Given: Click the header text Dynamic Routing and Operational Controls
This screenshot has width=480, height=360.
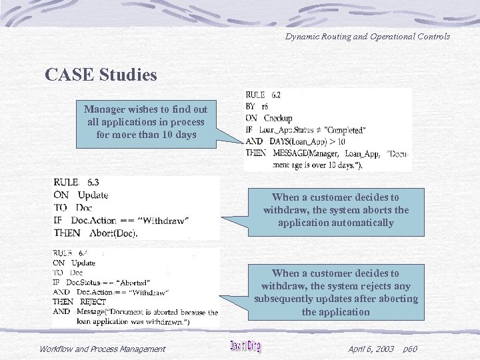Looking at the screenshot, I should click(367, 36).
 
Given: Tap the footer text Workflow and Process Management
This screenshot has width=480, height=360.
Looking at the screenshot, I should click(102, 349).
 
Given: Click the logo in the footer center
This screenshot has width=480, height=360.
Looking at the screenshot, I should click(245, 346).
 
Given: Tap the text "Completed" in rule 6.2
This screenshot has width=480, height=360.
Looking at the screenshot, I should click(342, 129).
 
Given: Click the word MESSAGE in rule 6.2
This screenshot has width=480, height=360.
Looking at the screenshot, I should click(293, 153).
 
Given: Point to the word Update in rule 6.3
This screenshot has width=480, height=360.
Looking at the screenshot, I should click(93, 195).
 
